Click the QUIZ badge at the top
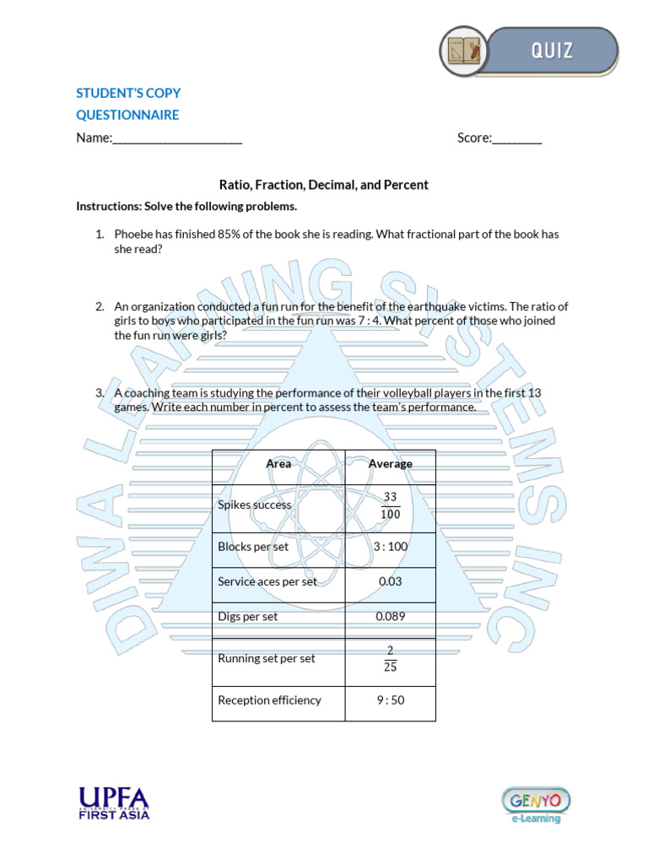pyautogui.click(x=529, y=50)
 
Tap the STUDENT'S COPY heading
pyautogui.click(x=128, y=93)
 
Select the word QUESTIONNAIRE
pyautogui.click(x=127, y=115)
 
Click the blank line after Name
pyautogui.click(x=177, y=139)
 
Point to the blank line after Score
pyautogui.click(x=517, y=139)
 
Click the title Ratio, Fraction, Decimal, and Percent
pyautogui.click(x=324, y=185)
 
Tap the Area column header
pyautogui.click(x=278, y=464)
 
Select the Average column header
pyautogui.click(x=391, y=464)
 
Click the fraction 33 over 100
pyautogui.click(x=391, y=506)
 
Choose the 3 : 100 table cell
pyautogui.click(x=391, y=547)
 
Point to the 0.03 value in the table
pyautogui.click(x=391, y=581)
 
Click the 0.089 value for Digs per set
pyautogui.click(x=391, y=617)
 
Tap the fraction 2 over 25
pyautogui.click(x=391, y=658)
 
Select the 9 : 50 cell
pyautogui.click(x=391, y=700)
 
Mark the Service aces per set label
pyautogui.click(x=267, y=582)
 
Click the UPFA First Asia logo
pyautogui.click(x=114, y=803)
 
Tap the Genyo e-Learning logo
pyautogui.click(x=537, y=806)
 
